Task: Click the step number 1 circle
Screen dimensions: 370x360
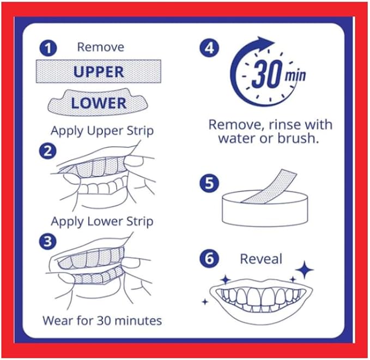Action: coord(48,48)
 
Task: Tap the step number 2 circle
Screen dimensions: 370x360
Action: coord(47,151)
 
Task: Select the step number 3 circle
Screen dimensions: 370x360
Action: coord(47,242)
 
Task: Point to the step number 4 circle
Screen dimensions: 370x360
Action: coord(209,48)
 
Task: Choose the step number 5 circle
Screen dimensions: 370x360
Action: coord(209,183)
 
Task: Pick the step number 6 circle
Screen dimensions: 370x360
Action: coord(209,259)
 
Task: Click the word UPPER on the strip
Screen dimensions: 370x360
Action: coord(99,72)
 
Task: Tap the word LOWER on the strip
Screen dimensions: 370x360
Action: coord(99,103)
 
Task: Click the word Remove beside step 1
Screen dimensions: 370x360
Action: coord(100,47)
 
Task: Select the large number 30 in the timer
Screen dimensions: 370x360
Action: coord(268,74)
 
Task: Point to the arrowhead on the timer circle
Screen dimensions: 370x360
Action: coord(264,43)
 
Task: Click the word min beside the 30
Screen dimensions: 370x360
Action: coord(295,75)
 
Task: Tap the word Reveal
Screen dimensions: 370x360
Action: coord(261,259)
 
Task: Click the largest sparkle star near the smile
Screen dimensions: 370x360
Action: coord(305,270)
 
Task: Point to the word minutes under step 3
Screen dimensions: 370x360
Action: coord(138,321)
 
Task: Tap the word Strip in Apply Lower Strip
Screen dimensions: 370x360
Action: coord(140,222)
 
